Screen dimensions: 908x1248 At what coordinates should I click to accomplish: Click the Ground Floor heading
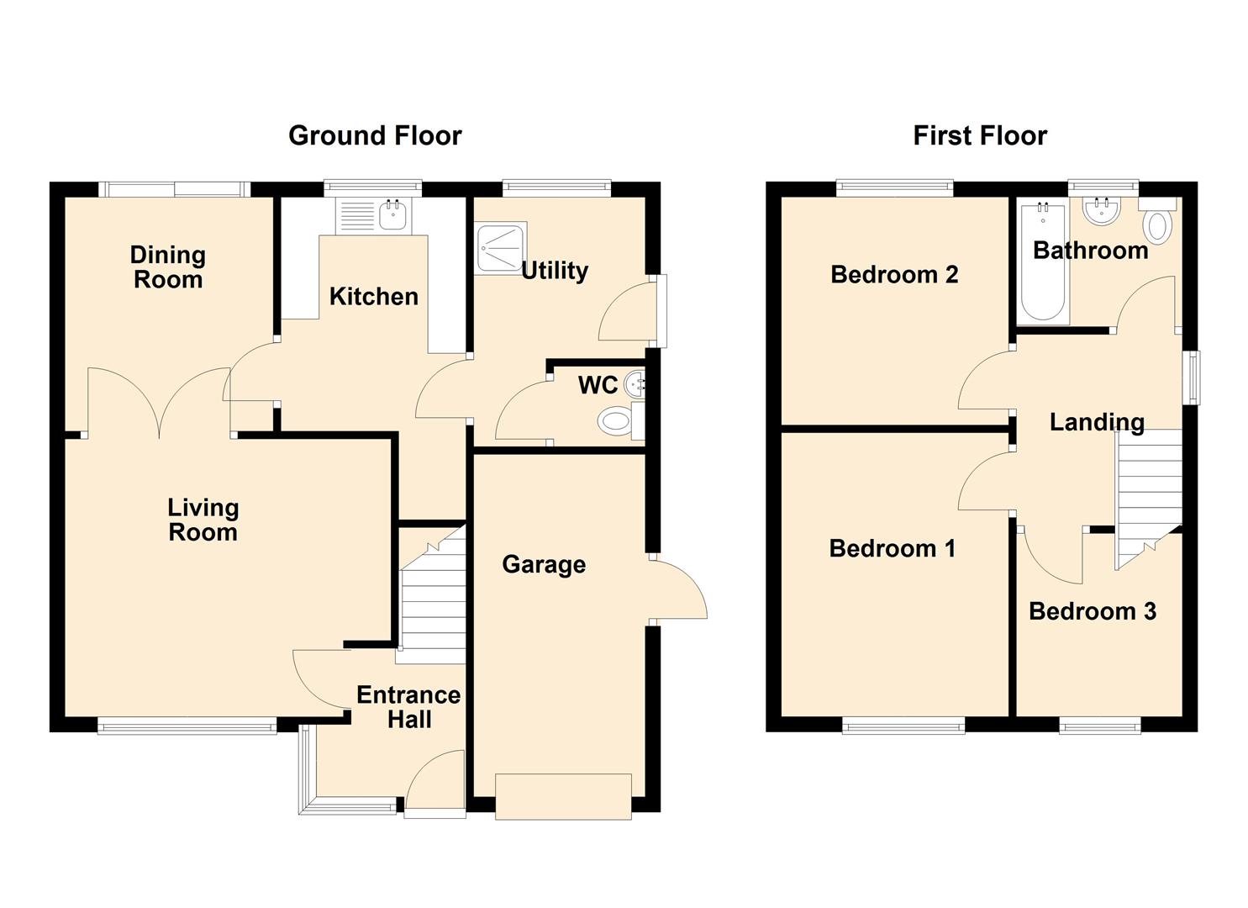(375, 135)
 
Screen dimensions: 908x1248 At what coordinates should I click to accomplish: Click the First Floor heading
(980, 135)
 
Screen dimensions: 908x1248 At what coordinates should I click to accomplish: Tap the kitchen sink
(392, 215)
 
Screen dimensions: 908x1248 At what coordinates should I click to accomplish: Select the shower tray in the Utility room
(501, 248)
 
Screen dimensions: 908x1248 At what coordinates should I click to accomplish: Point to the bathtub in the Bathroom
(1043, 262)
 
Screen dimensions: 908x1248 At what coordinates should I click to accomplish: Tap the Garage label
(544, 564)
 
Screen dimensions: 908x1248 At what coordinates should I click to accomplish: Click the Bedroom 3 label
(1092, 611)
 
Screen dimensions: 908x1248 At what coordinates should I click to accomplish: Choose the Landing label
(1097, 422)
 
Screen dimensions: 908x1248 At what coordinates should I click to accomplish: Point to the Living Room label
(203, 520)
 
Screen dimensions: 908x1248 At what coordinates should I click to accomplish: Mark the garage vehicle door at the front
(563, 795)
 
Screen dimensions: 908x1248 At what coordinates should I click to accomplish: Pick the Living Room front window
(187, 726)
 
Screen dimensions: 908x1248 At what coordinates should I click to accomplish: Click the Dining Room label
(168, 267)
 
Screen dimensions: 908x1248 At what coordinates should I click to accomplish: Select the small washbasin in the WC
(638, 384)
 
